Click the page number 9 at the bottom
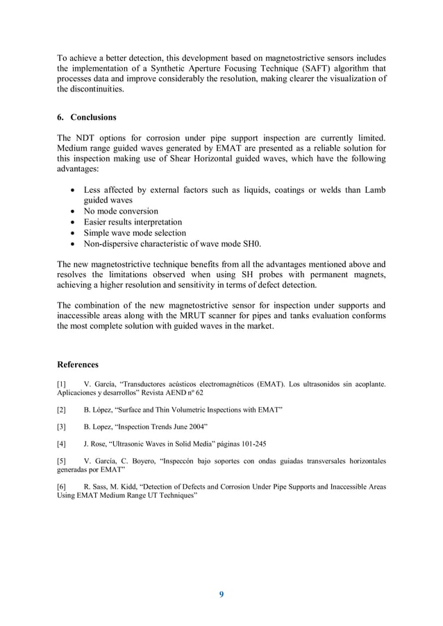(x=221, y=594)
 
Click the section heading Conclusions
(x=93, y=117)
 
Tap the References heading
(x=77, y=364)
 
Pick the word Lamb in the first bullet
(x=374, y=190)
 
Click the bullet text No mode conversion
(x=121, y=211)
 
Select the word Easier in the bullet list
(x=98, y=222)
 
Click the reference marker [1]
(x=61, y=383)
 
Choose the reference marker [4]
(x=61, y=443)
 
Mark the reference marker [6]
(x=61, y=487)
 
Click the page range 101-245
(x=251, y=443)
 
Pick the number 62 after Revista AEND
(x=199, y=392)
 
